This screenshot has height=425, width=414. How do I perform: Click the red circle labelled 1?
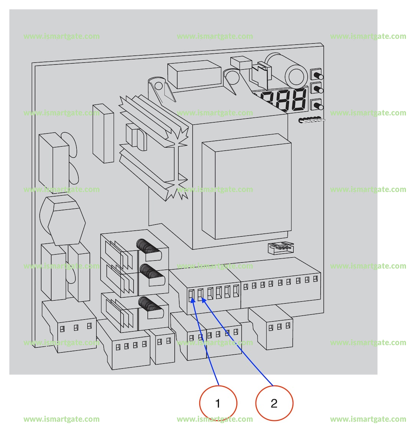218,404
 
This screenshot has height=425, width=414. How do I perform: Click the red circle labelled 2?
274,404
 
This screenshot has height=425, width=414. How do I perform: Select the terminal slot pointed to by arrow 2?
200,294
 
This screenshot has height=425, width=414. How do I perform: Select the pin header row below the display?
312,120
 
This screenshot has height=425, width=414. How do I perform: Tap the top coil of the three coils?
148,246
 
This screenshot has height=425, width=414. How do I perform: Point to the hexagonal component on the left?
66,220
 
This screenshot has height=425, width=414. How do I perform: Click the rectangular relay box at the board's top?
194,75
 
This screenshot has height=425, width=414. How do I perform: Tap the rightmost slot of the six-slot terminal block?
236,292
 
